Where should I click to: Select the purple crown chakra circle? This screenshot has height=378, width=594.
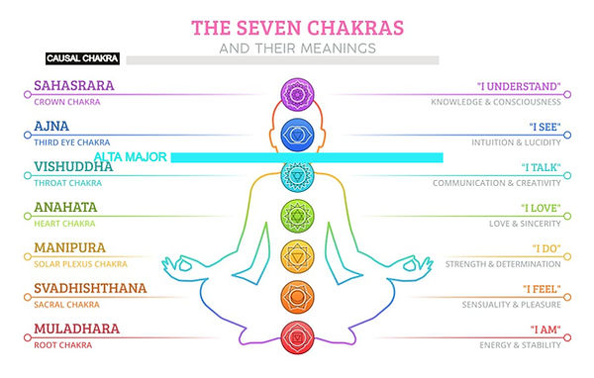296,94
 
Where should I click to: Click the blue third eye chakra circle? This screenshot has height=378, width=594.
296,133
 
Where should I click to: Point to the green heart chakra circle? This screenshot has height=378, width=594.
296,214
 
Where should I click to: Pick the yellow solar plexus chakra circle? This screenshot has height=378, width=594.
296,254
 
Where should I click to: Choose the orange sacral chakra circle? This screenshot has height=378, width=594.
296,295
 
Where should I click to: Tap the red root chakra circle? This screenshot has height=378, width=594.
296,336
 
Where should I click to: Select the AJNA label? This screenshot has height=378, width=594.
50,127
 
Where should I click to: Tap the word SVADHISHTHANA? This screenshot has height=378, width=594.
90,288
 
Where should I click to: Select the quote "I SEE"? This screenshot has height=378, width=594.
541,127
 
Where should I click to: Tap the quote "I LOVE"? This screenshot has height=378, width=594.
540,208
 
